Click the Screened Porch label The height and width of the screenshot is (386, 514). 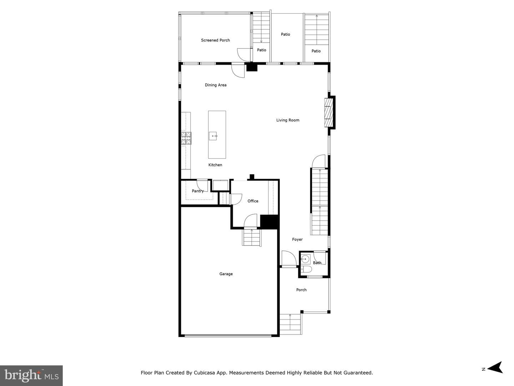(x=215, y=40)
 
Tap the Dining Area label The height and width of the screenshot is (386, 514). (x=216, y=85)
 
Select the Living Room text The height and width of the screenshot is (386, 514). (x=288, y=120)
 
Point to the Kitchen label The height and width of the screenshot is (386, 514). (x=215, y=165)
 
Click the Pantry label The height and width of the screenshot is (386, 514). (x=198, y=191)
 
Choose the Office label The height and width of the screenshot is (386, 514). (x=253, y=201)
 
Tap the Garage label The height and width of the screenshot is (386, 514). (x=226, y=274)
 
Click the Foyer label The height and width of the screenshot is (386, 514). (x=297, y=239)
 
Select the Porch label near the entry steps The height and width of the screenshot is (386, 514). (x=301, y=290)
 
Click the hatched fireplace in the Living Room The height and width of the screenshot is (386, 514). (x=328, y=113)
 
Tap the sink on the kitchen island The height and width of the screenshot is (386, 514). (x=213, y=136)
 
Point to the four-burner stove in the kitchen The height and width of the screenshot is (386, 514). (x=186, y=138)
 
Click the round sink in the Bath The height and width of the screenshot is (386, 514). (x=305, y=259)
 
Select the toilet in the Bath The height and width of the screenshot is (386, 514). (x=306, y=269)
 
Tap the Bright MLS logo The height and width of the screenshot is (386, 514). (x=31, y=375)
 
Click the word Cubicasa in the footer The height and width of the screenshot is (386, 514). (x=204, y=373)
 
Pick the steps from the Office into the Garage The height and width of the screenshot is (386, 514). (x=252, y=237)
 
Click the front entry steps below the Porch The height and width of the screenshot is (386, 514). (x=290, y=324)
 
